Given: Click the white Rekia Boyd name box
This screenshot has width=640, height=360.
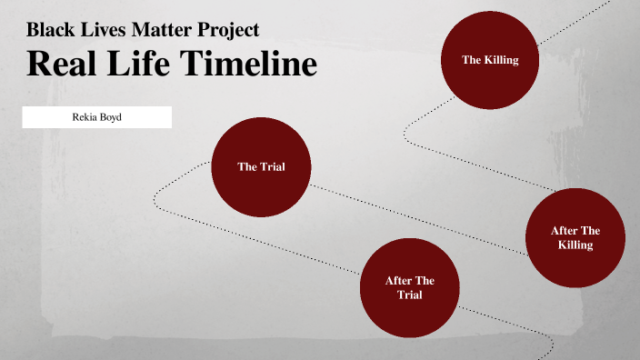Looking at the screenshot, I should tap(97, 116).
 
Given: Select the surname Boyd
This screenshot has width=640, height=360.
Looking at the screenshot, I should tap(111, 116).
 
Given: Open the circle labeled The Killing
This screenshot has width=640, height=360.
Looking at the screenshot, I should tap(490, 60).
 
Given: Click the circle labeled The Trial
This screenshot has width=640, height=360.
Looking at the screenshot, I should tap(261, 166).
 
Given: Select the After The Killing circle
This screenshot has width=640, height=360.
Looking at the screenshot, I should tap(575, 237).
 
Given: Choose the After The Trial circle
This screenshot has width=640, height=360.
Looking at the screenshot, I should tap(410, 288).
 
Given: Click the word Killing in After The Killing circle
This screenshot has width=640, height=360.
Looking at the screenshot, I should tap(575, 245).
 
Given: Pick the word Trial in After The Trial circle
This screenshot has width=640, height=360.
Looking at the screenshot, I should tap(410, 295).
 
